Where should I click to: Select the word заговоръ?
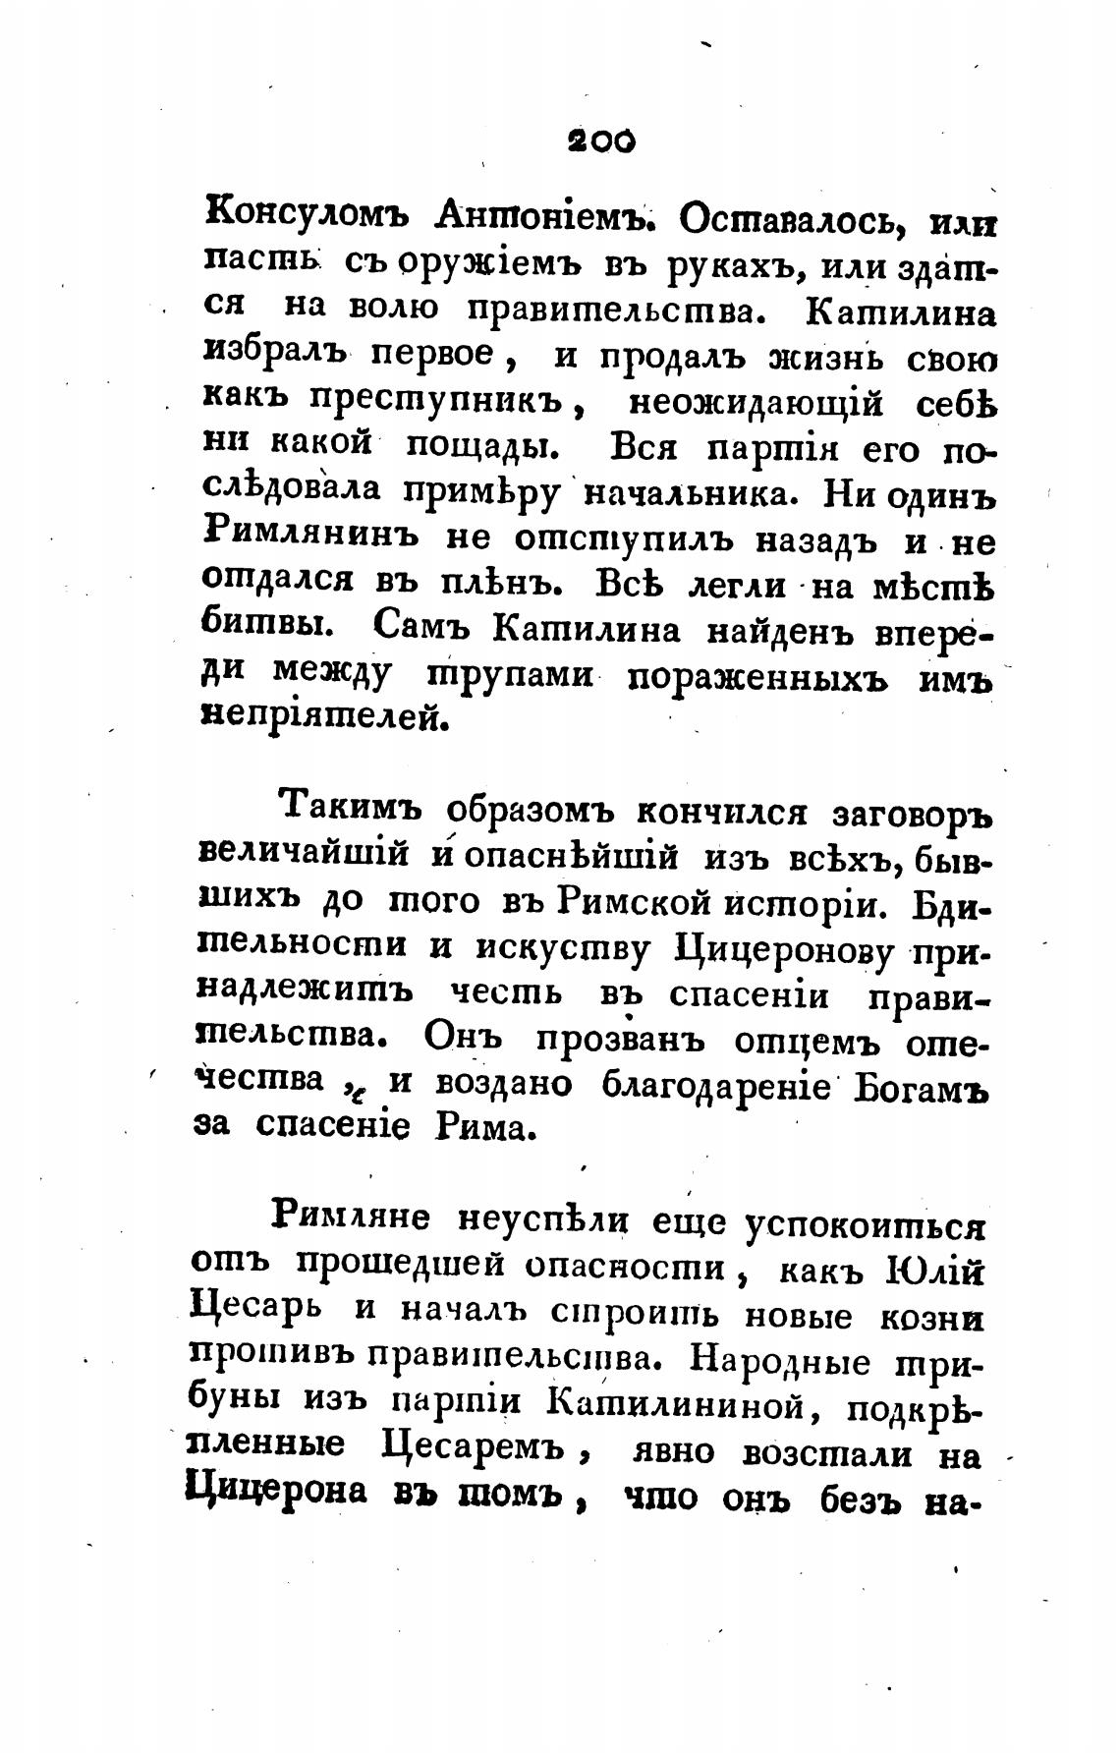(x=914, y=816)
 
